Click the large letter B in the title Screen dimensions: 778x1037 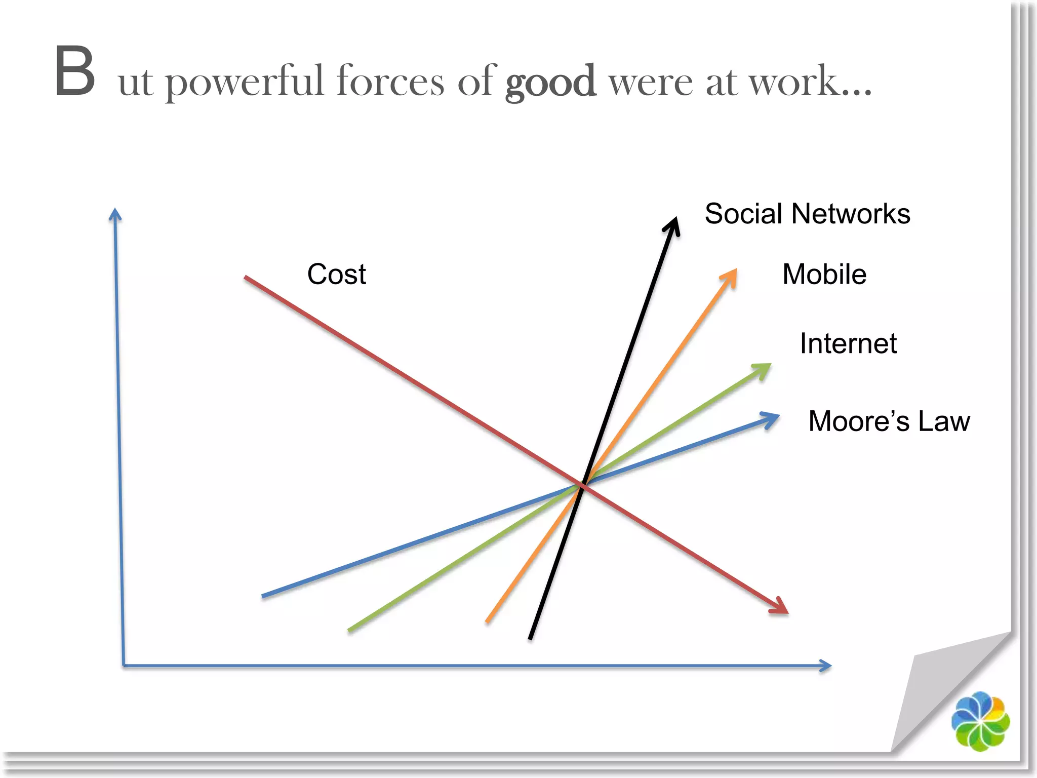[x=75, y=71]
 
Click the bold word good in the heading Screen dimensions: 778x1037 [x=550, y=82]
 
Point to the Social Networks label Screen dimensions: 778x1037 [x=807, y=214]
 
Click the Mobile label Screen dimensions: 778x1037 [x=824, y=275]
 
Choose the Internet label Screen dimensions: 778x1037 [x=848, y=343]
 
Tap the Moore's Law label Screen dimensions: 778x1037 [x=889, y=421]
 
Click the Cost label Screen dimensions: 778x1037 [x=336, y=275]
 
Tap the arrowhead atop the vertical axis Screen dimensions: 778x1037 [x=115, y=213]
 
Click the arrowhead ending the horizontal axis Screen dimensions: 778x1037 [x=826, y=666]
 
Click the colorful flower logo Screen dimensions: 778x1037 [x=980, y=721]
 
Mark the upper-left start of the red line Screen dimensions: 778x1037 [x=246, y=278]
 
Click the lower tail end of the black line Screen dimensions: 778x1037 [x=530, y=638]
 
